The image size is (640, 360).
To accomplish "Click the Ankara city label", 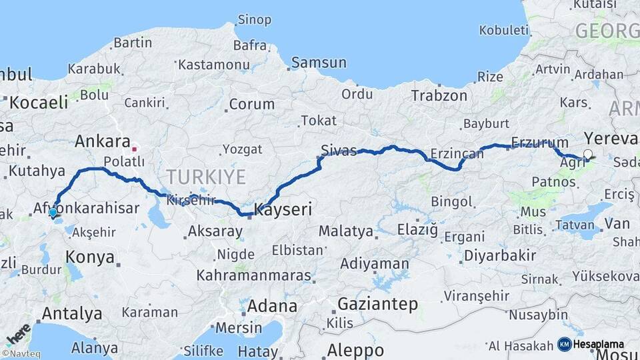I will pos(102,141).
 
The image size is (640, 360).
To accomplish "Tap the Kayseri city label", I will pos(283,209).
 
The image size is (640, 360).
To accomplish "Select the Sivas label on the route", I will pos(338,149).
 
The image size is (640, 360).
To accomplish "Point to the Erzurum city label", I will pos(540,142).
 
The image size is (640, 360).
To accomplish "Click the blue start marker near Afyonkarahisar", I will pos(53,213).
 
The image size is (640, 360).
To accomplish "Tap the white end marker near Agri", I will pos(587,155).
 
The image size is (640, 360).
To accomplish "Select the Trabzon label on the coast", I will pos(439,95).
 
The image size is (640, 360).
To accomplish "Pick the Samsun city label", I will pos(319,63).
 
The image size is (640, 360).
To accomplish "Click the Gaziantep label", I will pos(378,304).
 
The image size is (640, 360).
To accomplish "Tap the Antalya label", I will pos(72,313).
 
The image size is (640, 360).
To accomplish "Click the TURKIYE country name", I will pos(206,177).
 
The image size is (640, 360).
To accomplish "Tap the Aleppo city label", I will pos(355,349).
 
